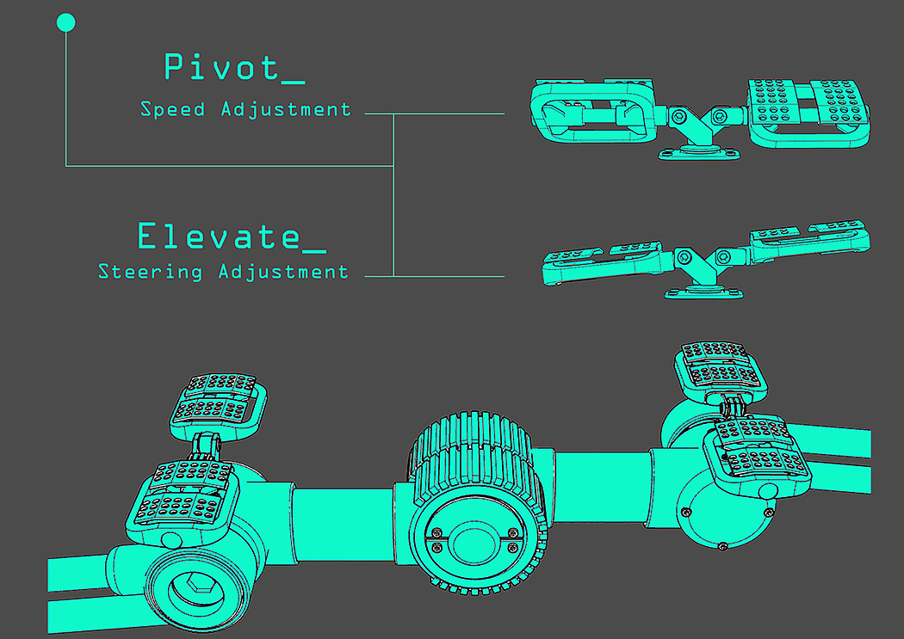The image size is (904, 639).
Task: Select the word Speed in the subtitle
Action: [x=173, y=110]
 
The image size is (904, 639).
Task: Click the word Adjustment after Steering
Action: [x=283, y=272]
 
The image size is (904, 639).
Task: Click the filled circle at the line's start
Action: [x=65, y=23]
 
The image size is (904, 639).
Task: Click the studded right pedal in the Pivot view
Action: [x=809, y=110]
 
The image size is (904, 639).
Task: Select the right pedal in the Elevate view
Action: [x=809, y=237]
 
